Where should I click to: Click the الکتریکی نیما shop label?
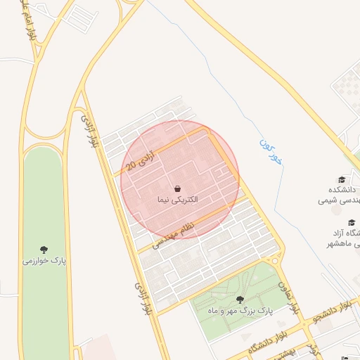[178, 200]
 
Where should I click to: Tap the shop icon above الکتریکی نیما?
[178, 188]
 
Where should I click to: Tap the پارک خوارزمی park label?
[44, 261]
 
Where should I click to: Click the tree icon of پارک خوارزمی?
[44, 250]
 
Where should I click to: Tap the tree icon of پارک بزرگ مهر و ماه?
[240, 300]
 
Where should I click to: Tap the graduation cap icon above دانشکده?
[342, 180]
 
